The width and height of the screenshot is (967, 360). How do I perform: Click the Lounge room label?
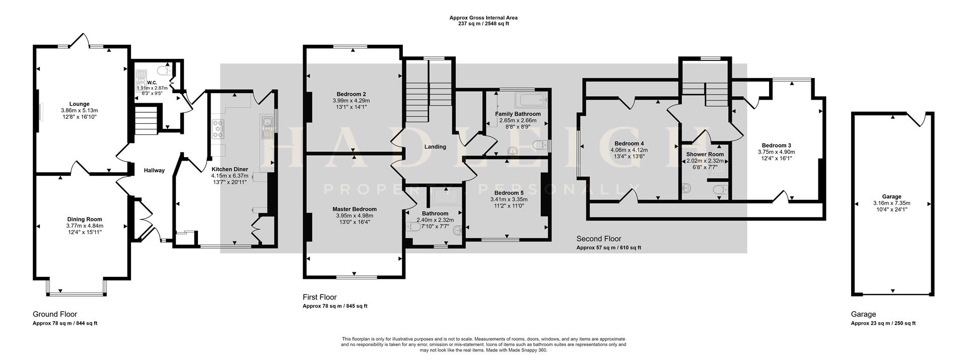point(79,104)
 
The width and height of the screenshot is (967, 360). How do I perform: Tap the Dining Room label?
point(85,219)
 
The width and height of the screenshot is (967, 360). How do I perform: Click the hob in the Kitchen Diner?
point(219,128)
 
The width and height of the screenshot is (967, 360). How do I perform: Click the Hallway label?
point(154,170)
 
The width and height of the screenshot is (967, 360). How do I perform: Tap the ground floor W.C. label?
point(152,82)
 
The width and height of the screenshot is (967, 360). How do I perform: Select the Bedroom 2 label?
point(351,94)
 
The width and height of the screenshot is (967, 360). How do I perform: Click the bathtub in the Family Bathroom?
point(530,99)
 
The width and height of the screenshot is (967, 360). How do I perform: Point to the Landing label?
point(435,147)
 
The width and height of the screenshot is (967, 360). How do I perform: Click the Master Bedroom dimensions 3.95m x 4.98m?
point(355,215)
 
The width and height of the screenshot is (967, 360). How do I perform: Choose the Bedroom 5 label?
point(509,193)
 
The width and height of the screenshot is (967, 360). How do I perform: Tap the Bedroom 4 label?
point(629,143)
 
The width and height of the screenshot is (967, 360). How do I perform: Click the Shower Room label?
point(705,155)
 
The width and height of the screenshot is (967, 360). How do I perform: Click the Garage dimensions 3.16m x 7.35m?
point(891,203)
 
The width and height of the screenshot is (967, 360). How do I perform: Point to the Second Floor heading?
point(599,239)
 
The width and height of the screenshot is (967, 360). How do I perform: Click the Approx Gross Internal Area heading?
point(483,18)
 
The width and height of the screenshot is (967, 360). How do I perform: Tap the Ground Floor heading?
point(55,314)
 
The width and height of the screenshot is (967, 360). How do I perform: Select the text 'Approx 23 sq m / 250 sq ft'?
point(883,323)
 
